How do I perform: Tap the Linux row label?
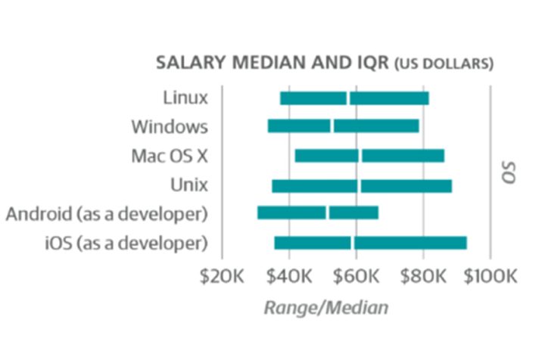185,98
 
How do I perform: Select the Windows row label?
169,126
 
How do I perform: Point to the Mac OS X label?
168,156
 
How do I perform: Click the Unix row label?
189,185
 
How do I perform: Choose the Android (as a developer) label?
106,214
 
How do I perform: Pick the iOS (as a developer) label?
126,243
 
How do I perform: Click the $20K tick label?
221,277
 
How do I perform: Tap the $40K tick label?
288,277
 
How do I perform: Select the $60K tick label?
356,277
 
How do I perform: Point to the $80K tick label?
423,277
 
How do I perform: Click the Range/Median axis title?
326,307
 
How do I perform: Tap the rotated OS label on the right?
509,170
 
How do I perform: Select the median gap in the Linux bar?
348,98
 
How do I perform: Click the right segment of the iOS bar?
410,243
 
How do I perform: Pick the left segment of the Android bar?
291,213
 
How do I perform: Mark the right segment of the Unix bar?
406,185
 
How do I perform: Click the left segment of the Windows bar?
299,126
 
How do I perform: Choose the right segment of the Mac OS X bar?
403,156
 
